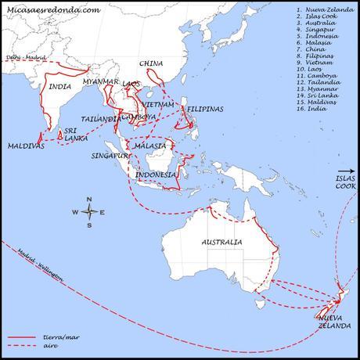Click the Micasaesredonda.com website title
coord(53,10)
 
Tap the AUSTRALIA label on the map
coord(221,243)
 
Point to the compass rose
coord(90,211)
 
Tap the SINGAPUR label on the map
coord(106,156)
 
